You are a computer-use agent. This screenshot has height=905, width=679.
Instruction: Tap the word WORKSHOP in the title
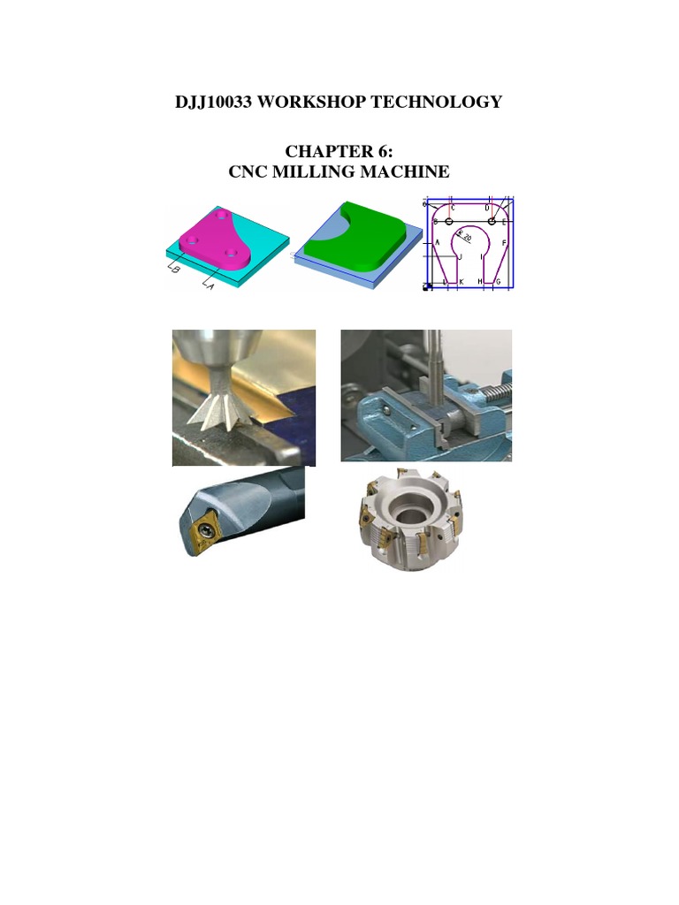(x=313, y=103)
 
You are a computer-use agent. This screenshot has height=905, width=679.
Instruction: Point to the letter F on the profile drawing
(x=504, y=241)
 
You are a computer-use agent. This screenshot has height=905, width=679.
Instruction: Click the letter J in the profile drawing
(x=461, y=257)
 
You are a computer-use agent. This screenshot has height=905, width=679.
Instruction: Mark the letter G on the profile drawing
(x=498, y=281)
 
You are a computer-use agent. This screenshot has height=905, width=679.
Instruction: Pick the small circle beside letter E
(x=492, y=221)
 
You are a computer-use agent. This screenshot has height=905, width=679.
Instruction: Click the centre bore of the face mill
(x=408, y=511)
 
